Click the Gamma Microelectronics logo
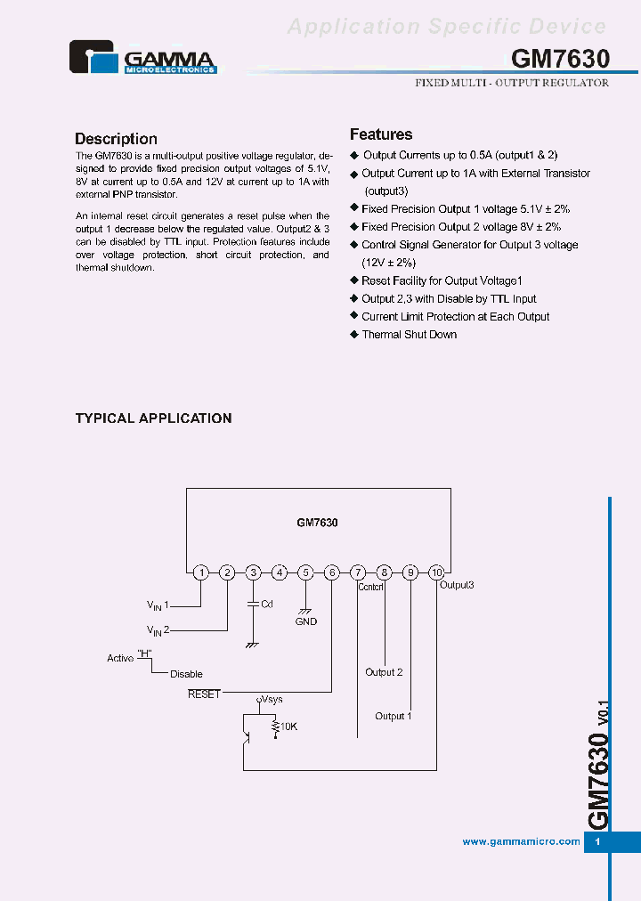142,58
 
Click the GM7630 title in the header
560,59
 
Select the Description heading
116,139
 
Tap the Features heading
381,134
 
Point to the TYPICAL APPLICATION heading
153,418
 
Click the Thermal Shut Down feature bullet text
409,335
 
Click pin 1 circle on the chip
201,572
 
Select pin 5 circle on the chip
305,572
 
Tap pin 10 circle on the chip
436,572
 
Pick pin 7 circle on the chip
358,572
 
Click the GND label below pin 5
306,621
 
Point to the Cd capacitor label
266,604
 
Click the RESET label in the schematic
204,694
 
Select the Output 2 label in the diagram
384,672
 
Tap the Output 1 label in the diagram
393,716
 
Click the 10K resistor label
288,726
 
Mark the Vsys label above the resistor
271,700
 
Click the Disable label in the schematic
186,674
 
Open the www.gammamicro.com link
521,841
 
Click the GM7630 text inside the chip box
317,524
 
